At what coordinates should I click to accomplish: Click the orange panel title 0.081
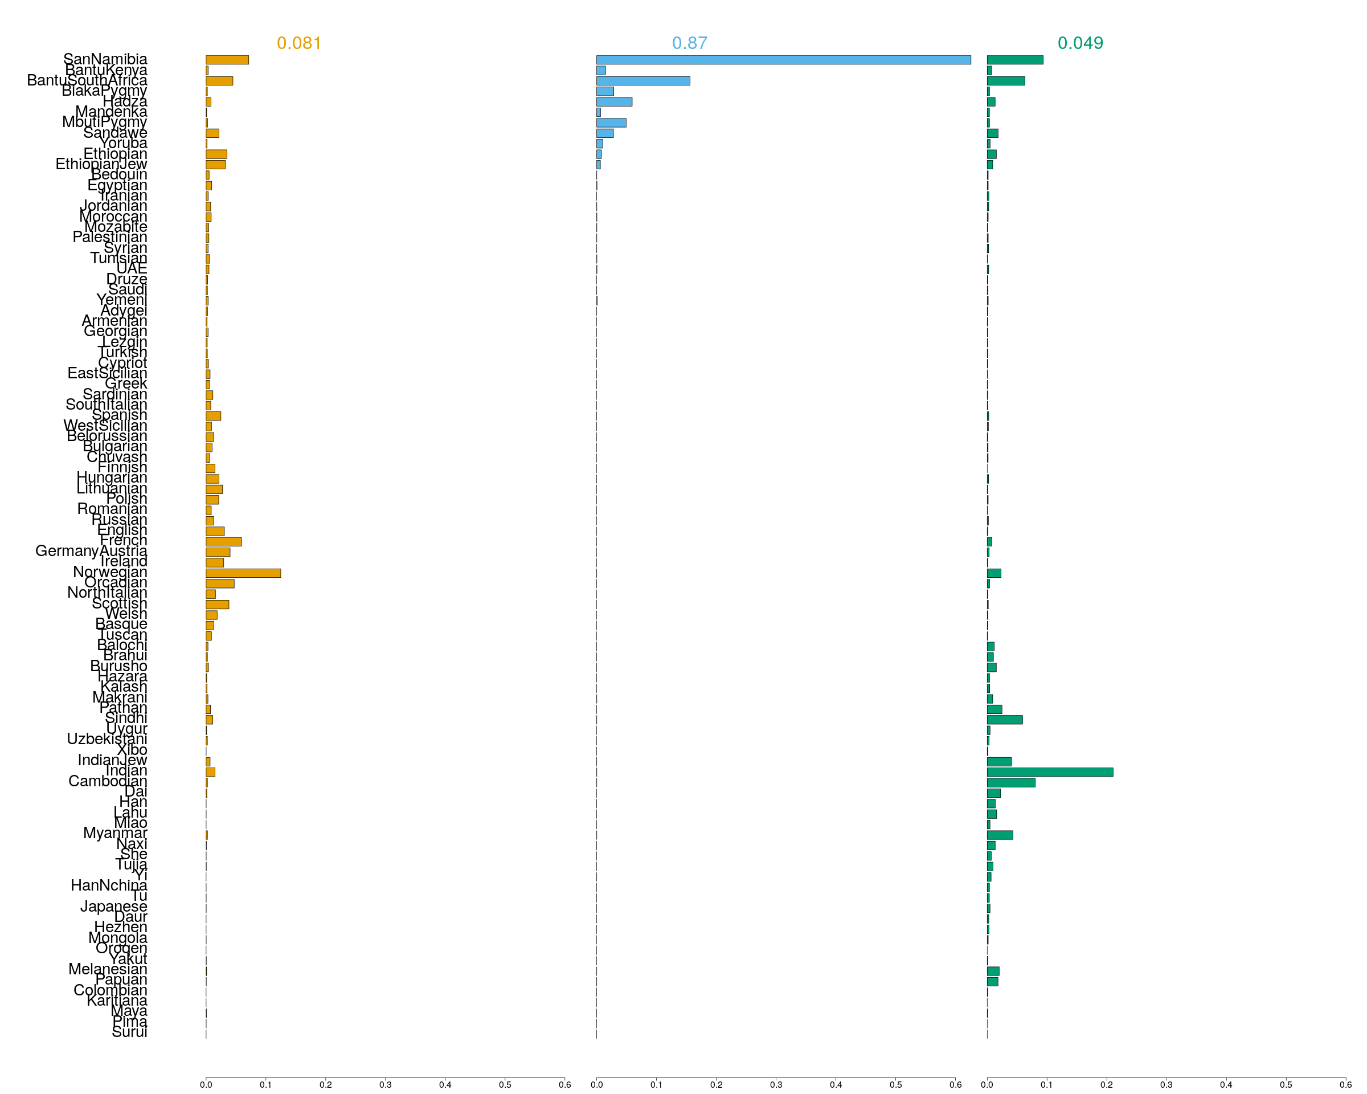(298, 43)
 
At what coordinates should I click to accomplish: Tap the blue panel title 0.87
(689, 43)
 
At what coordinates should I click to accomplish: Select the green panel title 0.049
(1080, 43)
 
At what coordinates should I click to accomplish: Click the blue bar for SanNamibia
(783, 60)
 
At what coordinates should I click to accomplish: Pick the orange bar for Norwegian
(243, 573)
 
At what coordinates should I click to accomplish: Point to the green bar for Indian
(1049, 772)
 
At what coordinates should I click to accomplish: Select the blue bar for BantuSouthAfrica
(643, 80)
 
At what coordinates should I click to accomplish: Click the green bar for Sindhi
(1004, 720)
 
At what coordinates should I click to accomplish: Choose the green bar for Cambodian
(1010, 782)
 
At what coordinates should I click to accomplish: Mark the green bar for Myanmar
(1000, 835)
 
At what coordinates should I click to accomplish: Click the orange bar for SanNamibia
(227, 60)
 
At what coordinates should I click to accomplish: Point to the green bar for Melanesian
(993, 971)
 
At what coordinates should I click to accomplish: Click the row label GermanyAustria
(91, 551)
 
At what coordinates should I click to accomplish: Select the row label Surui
(129, 1032)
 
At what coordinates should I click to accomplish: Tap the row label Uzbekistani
(107, 739)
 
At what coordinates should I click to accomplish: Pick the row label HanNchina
(109, 885)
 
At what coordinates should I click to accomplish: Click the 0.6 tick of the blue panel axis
(955, 1084)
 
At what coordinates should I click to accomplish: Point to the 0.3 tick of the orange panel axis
(385, 1084)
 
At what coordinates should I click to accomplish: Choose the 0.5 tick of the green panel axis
(1285, 1084)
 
